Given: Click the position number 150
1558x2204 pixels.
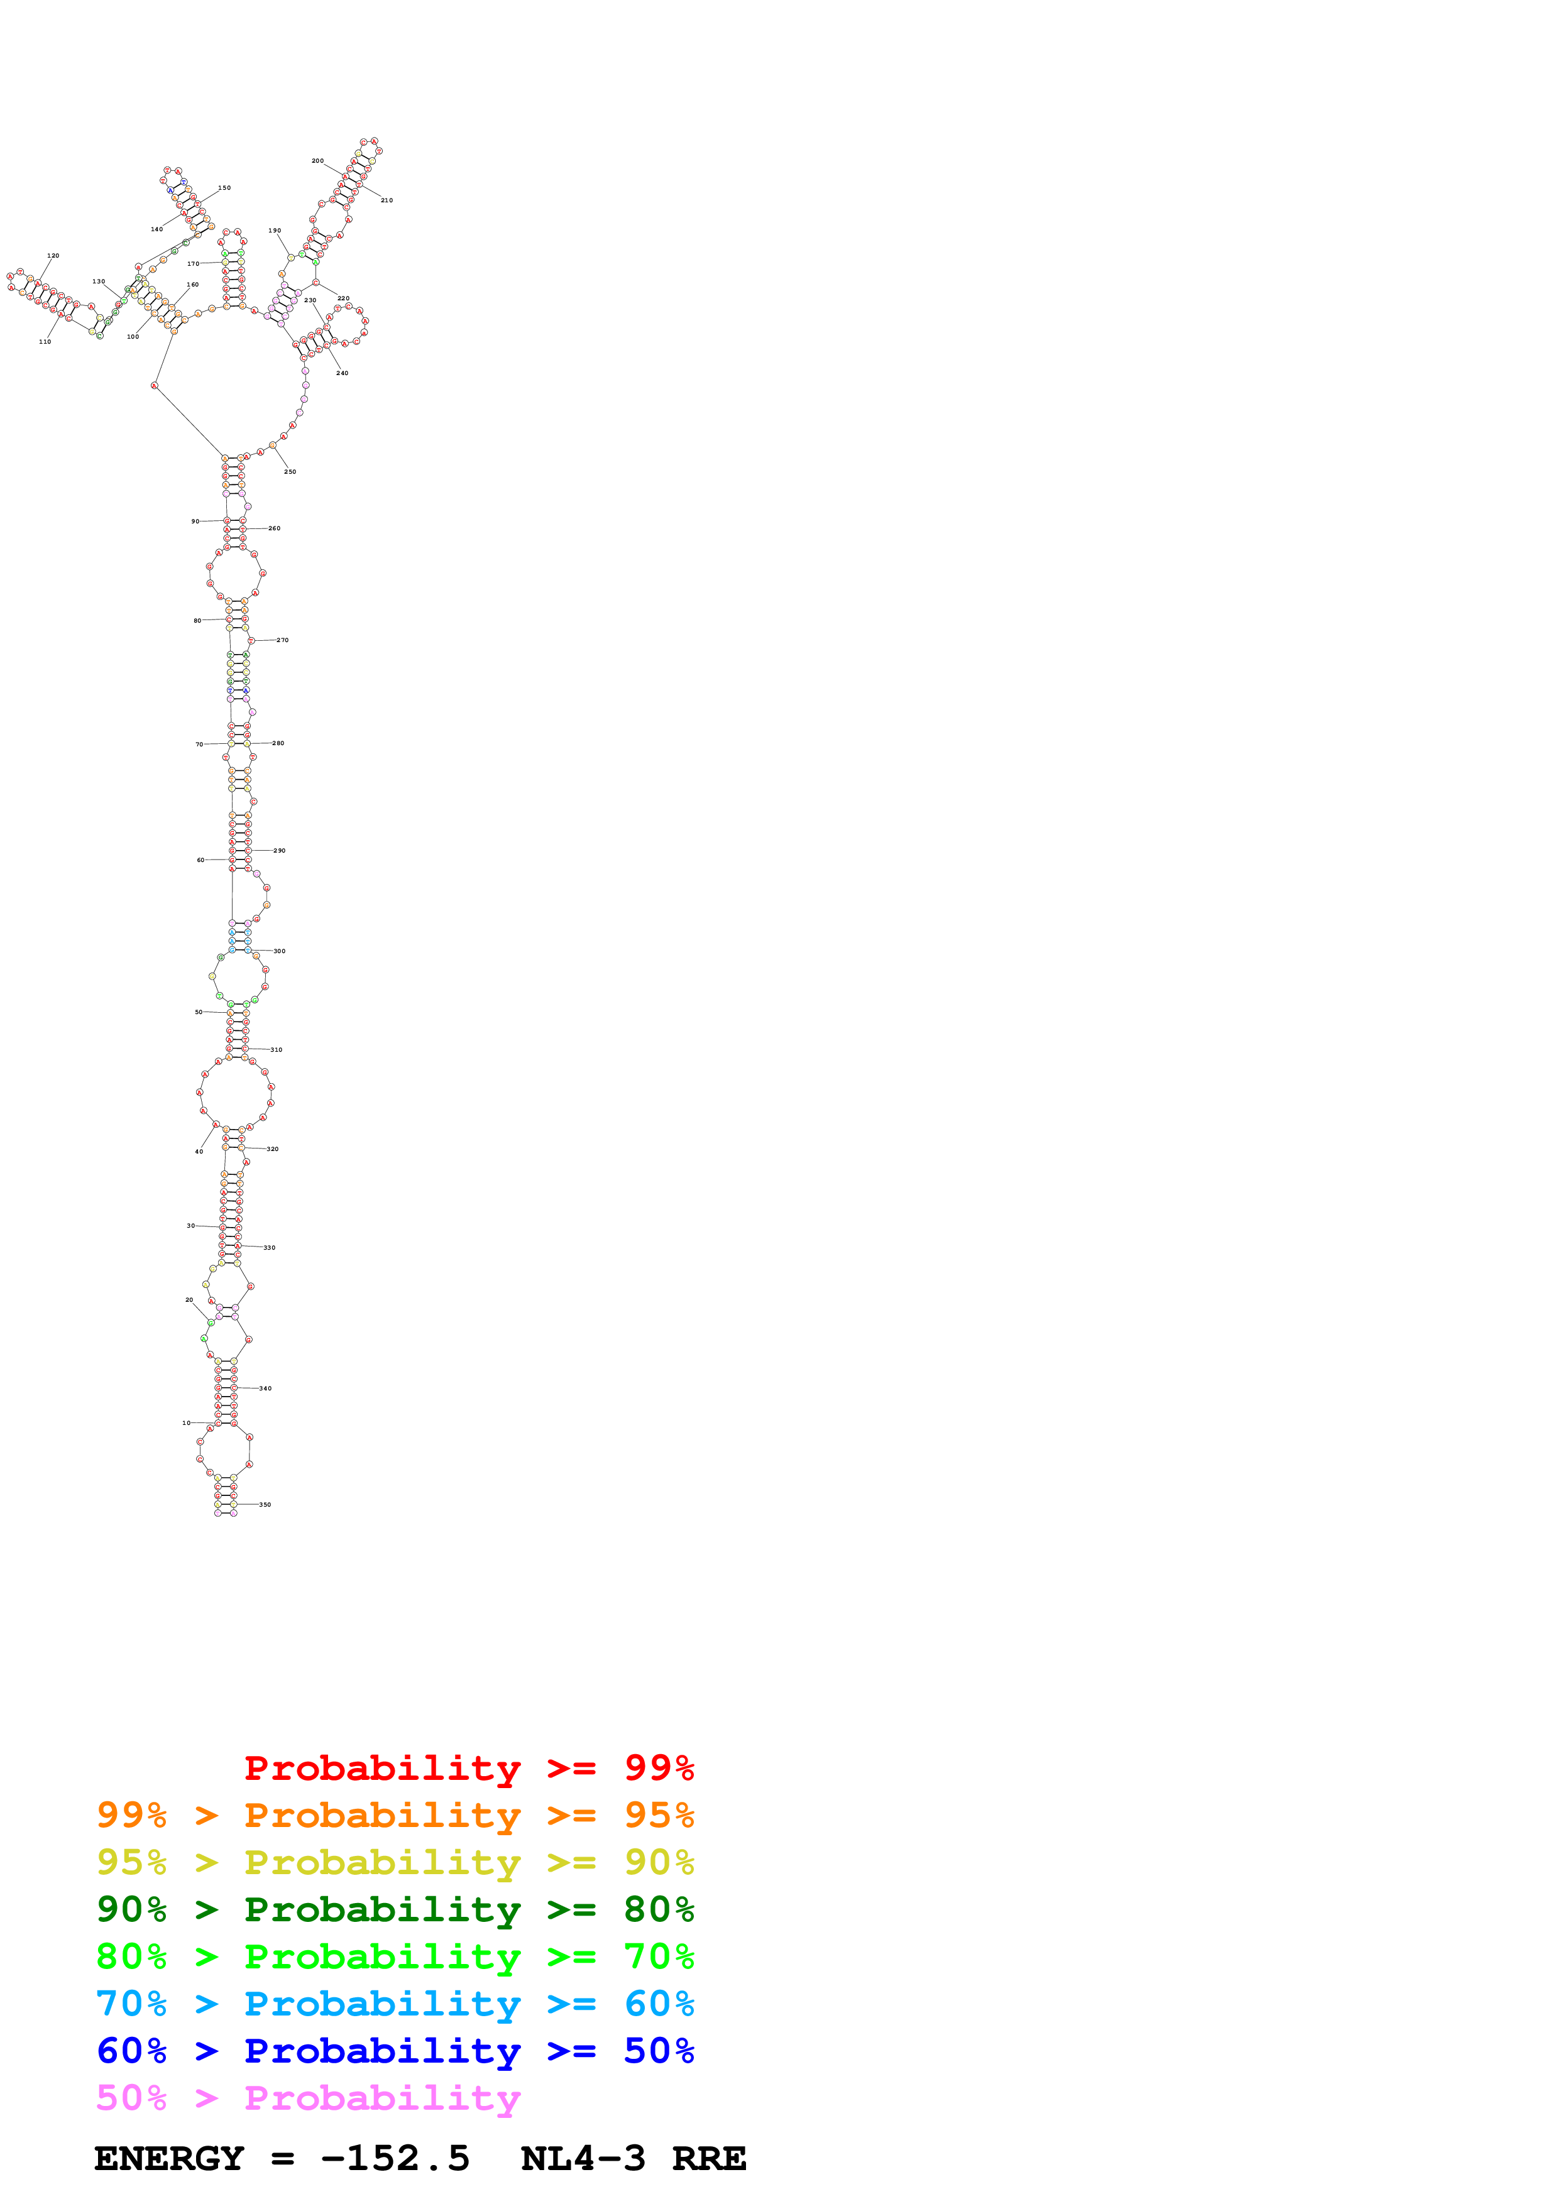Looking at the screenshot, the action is pos(224,187).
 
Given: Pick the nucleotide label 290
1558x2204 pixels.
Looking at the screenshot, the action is pos(279,851).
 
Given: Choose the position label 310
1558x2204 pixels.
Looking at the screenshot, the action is pos(277,1049).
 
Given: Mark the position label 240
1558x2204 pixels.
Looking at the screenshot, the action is pos(343,373).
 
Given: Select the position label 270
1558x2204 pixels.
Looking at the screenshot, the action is pos(282,640).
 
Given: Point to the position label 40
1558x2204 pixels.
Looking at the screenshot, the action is pos(199,1151).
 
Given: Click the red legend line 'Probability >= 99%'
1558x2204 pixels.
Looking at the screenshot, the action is pos(468,1768).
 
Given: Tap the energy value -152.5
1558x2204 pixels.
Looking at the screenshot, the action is pos(395,2158).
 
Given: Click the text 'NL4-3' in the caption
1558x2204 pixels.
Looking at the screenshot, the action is pos(583,2158).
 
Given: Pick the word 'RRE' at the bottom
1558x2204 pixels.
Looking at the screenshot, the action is pos(708,2158).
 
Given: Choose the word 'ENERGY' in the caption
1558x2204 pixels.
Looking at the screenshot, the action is pos(169,2158).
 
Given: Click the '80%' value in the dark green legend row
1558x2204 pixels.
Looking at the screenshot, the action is pos(659,1909).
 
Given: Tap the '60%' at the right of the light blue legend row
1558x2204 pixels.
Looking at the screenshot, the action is pos(659,2004).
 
